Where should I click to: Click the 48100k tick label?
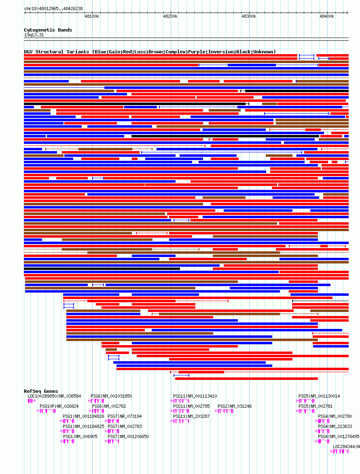coord(92,16)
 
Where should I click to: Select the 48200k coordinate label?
coord(170,16)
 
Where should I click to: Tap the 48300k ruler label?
coord(249,16)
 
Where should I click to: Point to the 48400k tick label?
coord(327,16)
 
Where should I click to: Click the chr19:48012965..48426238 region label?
coord(53,8)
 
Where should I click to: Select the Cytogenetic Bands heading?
coord(48,30)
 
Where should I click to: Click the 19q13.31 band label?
coord(34,35)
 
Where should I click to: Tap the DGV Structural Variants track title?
coord(150,52)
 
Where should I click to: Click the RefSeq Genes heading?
coord(41,391)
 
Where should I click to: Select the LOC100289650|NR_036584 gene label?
coord(54,396)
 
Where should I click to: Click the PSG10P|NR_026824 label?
coord(59,406)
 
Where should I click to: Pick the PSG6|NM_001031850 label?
coord(111,396)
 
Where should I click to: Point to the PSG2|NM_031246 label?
coord(235,406)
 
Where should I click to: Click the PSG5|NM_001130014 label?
coord(319,396)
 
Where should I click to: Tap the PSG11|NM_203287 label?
coord(191,416)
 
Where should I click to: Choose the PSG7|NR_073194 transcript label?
coord(125,416)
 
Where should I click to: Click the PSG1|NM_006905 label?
coord(80,436)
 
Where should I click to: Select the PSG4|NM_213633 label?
coord(335,426)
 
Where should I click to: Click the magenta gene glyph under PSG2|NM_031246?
coord(224,411)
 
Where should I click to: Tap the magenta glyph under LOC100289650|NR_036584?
coord(32,401)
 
